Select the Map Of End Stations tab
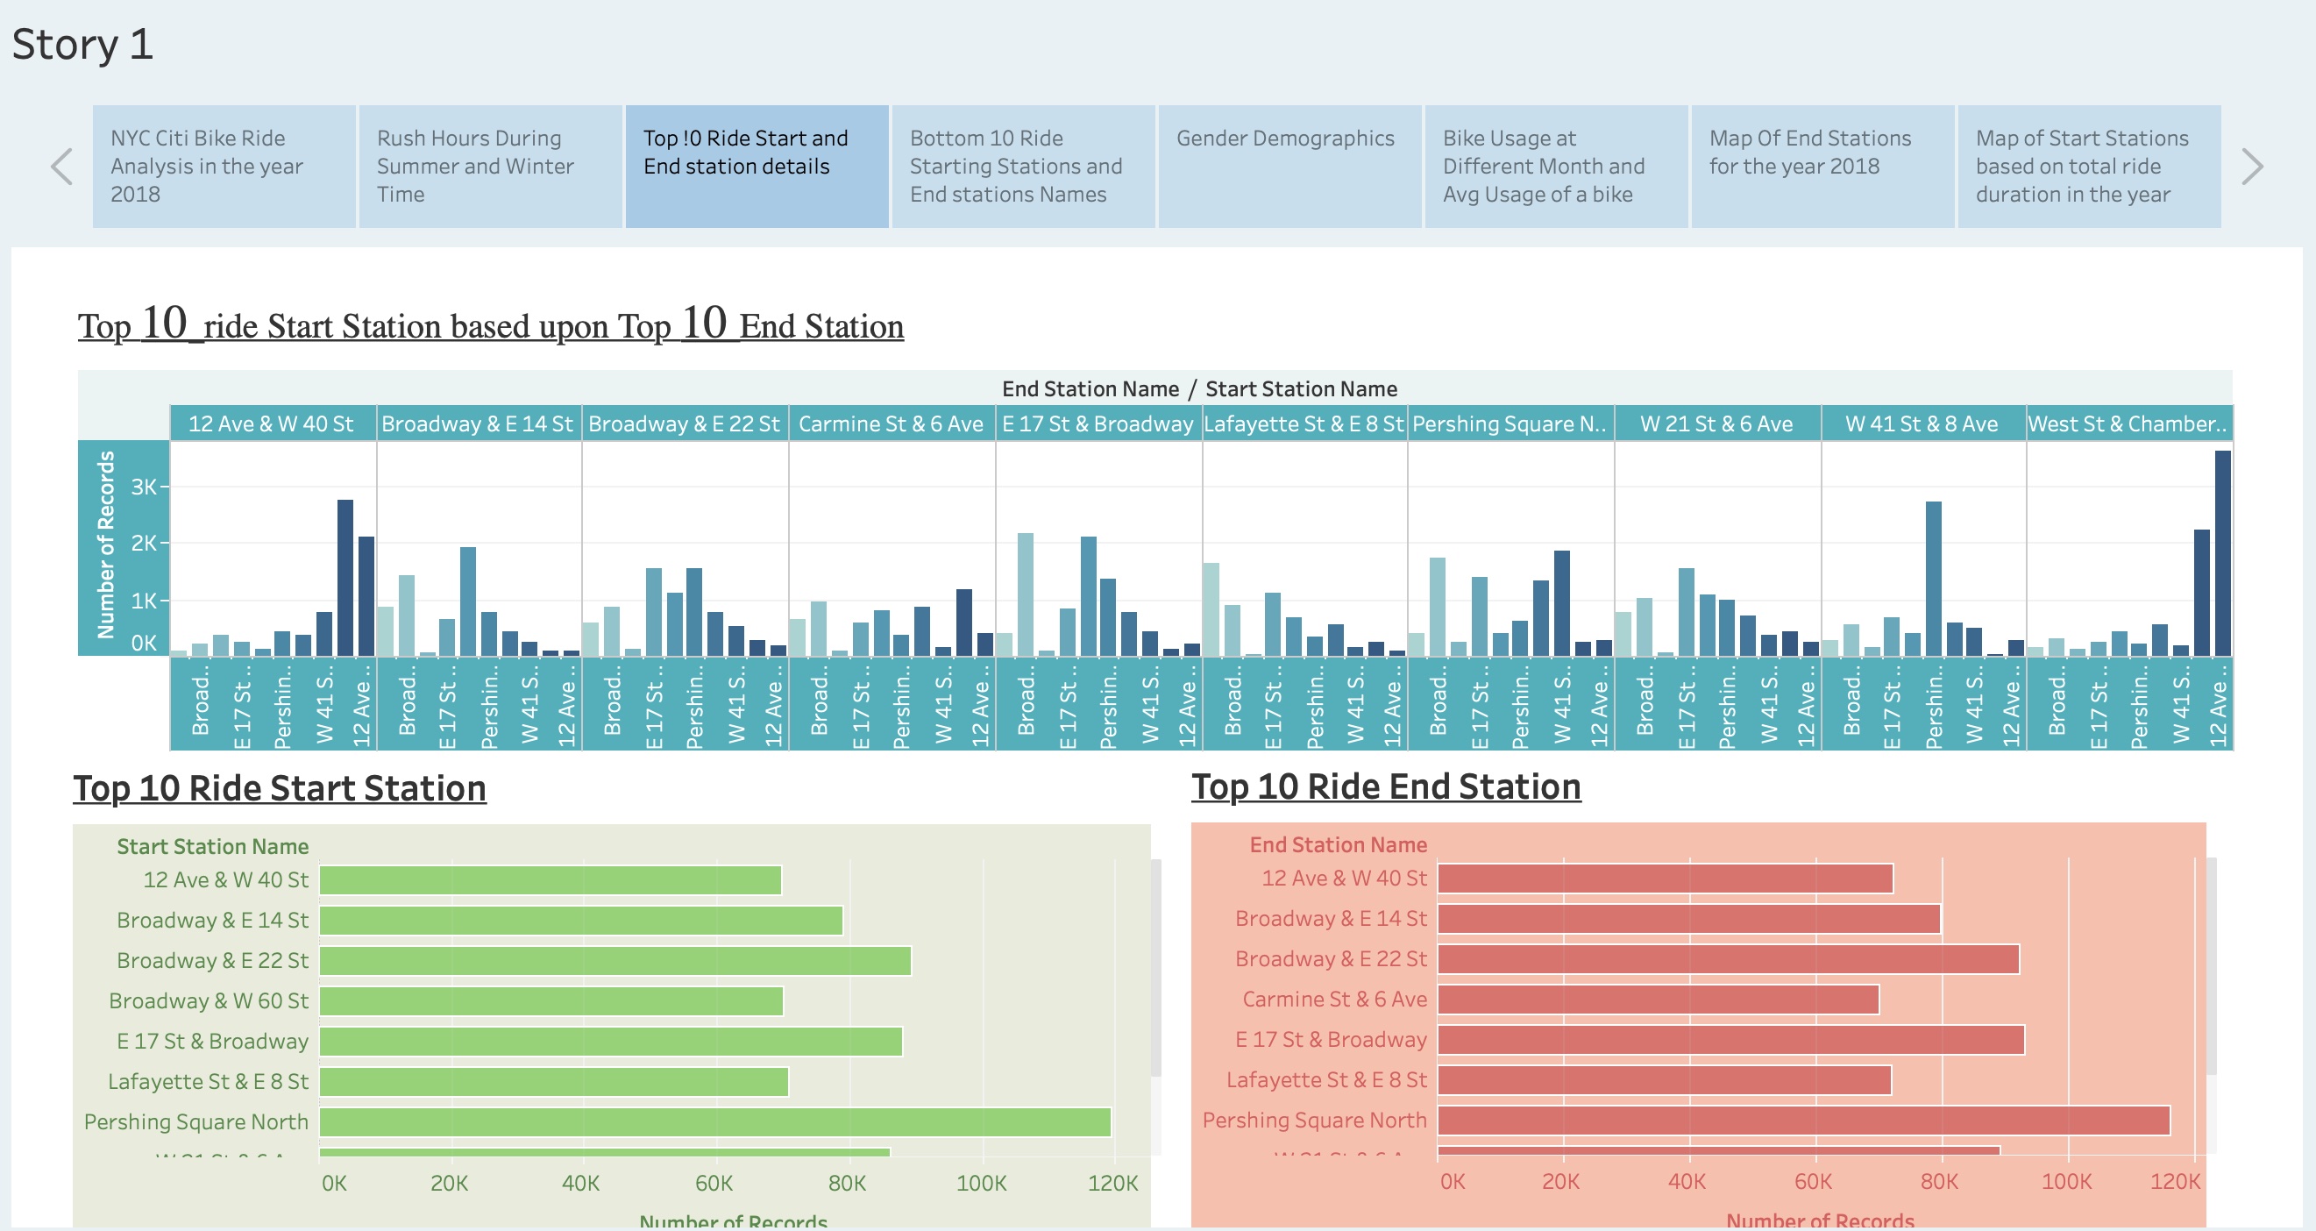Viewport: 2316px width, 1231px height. pyautogui.click(x=1822, y=166)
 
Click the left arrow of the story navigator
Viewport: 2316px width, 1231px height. pyautogui.click(x=61, y=167)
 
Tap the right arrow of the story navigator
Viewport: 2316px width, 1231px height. pyautogui.click(x=2251, y=167)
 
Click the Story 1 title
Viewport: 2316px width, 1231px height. pyautogui.click(x=82, y=45)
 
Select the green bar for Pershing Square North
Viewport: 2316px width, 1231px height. pyautogui.click(x=714, y=1122)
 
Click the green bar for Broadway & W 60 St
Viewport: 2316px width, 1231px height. pyautogui.click(x=551, y=1000)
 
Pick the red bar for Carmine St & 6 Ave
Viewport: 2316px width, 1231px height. pyautogui.click(x=1657, y=999)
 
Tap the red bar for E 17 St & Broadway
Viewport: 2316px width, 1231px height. pyautogui.click(x=1730, y=1040)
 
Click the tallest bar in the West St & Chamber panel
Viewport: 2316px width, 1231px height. pyautogui.click(x=2222, y=553)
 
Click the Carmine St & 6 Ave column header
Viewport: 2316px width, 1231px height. pyautogui.click(x=891, y=423)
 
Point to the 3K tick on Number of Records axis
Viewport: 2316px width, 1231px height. pyautogui.click(x=143, y=487)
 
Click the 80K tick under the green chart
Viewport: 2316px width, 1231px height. pyautogui.click(x=847, y=1183)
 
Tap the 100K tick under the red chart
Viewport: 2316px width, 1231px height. pyautogui.click(x=2066, y=1181)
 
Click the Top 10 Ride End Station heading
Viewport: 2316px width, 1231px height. pyautogui.click(x=1385, y=786)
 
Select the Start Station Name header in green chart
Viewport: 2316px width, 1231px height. pyautogui.click(x=212, y=846)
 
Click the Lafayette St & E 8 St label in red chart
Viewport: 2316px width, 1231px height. pyautogui.click(x=1326, y=1079)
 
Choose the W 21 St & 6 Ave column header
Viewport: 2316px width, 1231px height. pyautogui.click(x=1716, y=423)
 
